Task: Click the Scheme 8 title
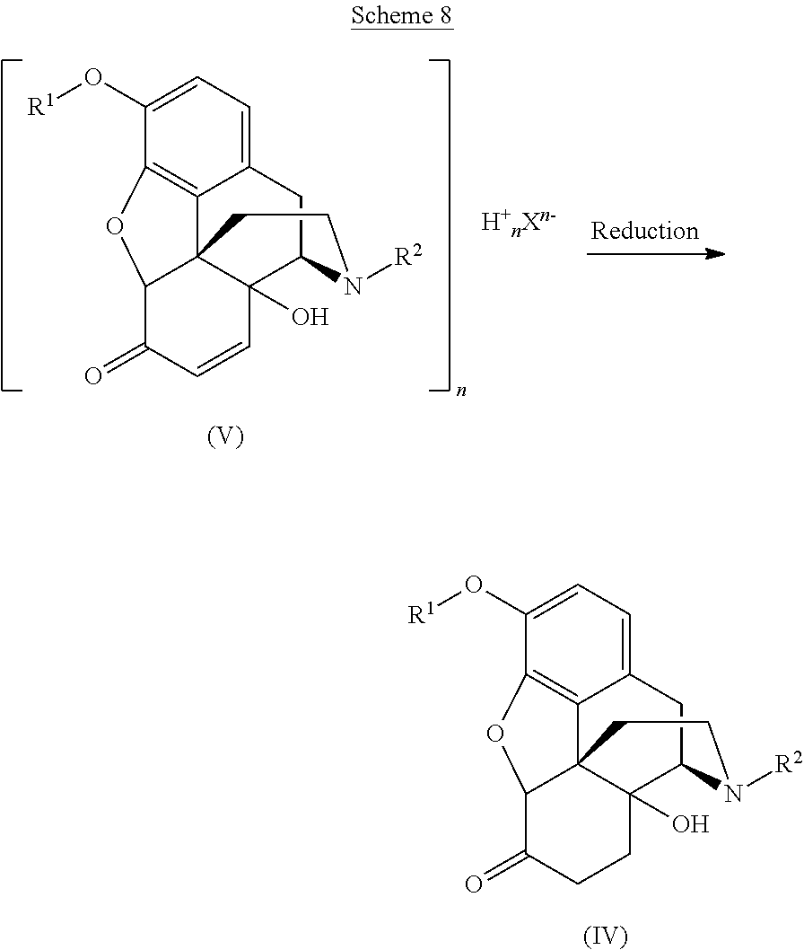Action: [402, 16]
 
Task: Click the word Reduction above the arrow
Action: [645, 231]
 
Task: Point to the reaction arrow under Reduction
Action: [656, 254]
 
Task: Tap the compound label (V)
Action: [225, 436]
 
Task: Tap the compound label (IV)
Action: [606, 937]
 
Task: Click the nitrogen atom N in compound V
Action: [353, 286]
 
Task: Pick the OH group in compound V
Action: [310, 316]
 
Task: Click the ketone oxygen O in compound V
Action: [94, 375]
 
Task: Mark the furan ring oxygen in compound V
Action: [115, 227]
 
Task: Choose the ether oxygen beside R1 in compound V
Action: [93, 77]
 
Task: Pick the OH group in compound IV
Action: [690, 823]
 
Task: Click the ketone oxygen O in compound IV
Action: [474, 884]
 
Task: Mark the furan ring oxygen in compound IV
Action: [494, 734]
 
